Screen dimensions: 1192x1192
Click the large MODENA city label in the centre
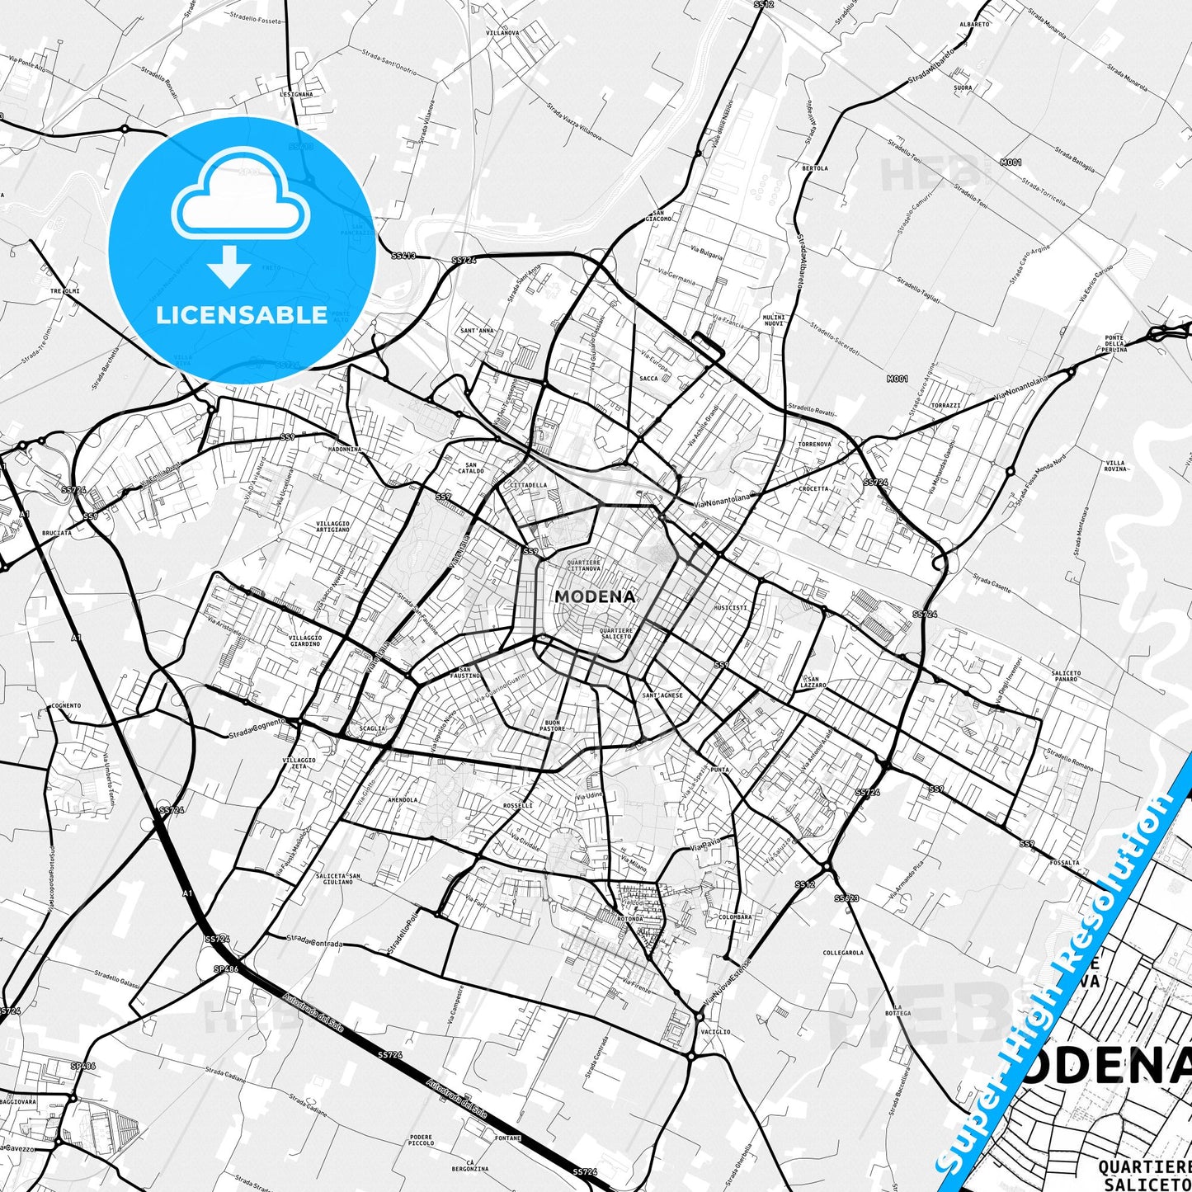pyautogui.click(x=595, y=596)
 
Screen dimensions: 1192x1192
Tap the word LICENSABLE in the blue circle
pyautogui.click(x=242, y=315)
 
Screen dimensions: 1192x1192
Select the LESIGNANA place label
pyautogui.click(x=296, y=94)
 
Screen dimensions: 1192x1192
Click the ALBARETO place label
pyautogui.click(x=974, y=25)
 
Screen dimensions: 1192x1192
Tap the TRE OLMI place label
pyautogui.click(x=65, y=291)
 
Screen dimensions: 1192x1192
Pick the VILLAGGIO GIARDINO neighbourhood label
pyautogui.click(x=305, y=640)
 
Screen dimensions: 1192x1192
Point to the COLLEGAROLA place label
pyautogui.click(x=843, y=952)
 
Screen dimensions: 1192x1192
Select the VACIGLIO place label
pyautogui.click(x=715, y=1031)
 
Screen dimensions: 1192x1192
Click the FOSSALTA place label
pyautogui.click(x=1064, y=862)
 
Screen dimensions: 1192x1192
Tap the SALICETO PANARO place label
pyautogui.click(x=1066, y=676)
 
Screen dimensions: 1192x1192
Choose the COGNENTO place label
pyautogui.click(x=66, y=705)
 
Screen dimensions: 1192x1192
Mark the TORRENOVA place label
pyautogui.click(x=815, y=444)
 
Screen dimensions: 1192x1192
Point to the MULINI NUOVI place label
pyautogui.click(x=774, y=321)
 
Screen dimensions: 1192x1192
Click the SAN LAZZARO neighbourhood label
pyautogui.click(x=813, y=681)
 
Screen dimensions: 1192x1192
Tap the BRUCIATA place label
pyautogui.click(x=56, y=533)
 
